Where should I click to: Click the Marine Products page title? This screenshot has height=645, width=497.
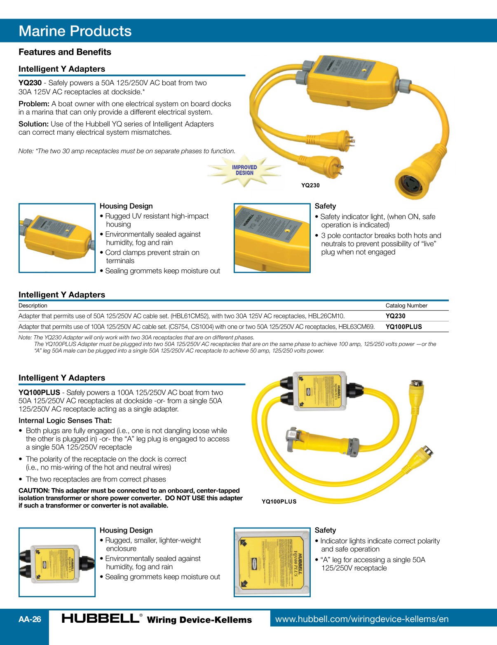(75, 31)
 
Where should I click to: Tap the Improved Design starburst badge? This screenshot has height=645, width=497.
(244, 170)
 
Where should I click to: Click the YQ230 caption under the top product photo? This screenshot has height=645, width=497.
(310, 185)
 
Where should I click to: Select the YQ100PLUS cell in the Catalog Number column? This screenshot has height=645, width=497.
(403, 327)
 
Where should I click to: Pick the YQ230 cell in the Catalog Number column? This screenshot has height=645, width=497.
(395, 316)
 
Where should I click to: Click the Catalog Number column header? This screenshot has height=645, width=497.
(406, 306)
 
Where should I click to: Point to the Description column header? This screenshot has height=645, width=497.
(33, 306)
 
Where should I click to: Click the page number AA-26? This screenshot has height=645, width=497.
(30, 619)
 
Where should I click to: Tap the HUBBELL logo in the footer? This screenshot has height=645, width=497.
(101, 618)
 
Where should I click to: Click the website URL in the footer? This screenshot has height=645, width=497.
(361, 619)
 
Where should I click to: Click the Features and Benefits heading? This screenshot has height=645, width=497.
(65, 52)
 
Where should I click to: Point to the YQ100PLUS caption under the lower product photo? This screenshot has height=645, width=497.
(279, 502)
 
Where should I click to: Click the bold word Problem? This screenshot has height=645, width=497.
(34, 104)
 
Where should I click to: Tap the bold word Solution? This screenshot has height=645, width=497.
(33, 124)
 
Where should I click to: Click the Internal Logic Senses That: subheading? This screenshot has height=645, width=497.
(65, 421)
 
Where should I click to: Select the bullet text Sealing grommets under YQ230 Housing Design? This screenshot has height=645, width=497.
(162, 271)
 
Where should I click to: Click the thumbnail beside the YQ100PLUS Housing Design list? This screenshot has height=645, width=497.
(57, 562)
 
